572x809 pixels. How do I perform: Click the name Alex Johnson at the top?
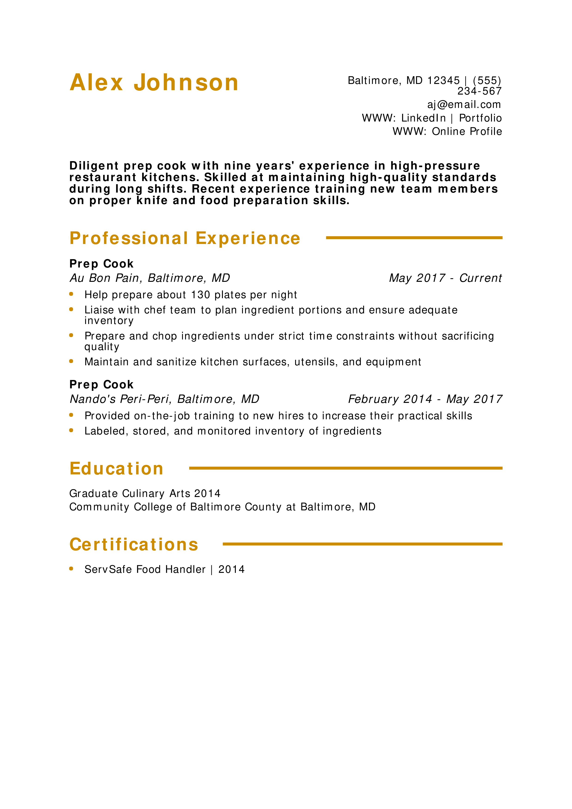pyautogui.click(x=154, y=83)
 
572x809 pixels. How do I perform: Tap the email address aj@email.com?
pyautogui.click(x=464, y=105)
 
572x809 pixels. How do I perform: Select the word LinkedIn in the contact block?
pyautogui.click(x=423, y=118)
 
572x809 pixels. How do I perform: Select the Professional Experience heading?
pyautogui.click(x=185, y=238)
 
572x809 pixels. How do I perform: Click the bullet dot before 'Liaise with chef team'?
pyautogui.click(x=71, y=309)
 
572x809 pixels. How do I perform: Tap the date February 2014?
pyautogui.click(x=390, y=399)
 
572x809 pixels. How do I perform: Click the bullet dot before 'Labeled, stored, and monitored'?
pyautogui.click(x=71, y=430)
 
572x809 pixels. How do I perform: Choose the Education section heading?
pyautogui.click(x=116, y=469)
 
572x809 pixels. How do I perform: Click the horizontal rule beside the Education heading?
pyautogui.click(x=346, y=468)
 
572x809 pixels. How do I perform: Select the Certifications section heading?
pyautogui.click(x=134, y=544)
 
